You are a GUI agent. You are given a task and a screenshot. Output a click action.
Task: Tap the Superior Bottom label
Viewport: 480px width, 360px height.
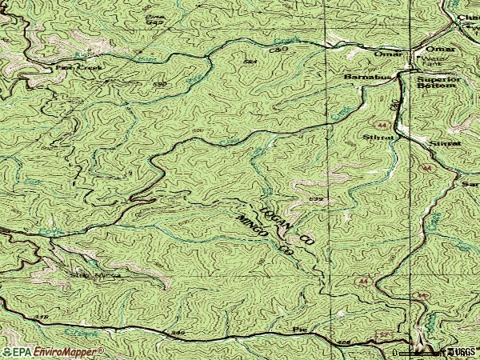[439, 84]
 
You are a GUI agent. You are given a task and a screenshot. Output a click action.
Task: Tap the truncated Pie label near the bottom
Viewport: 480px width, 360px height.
[300, 329]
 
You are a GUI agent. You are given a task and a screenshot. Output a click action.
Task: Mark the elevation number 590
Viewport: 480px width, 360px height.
[159, 83]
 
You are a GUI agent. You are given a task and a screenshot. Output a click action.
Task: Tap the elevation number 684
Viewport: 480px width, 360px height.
[249, 61]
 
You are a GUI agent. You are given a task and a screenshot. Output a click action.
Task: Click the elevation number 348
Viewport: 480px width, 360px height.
[42, 318]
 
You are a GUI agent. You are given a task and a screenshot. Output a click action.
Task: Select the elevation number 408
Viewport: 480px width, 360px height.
[345, 342]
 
